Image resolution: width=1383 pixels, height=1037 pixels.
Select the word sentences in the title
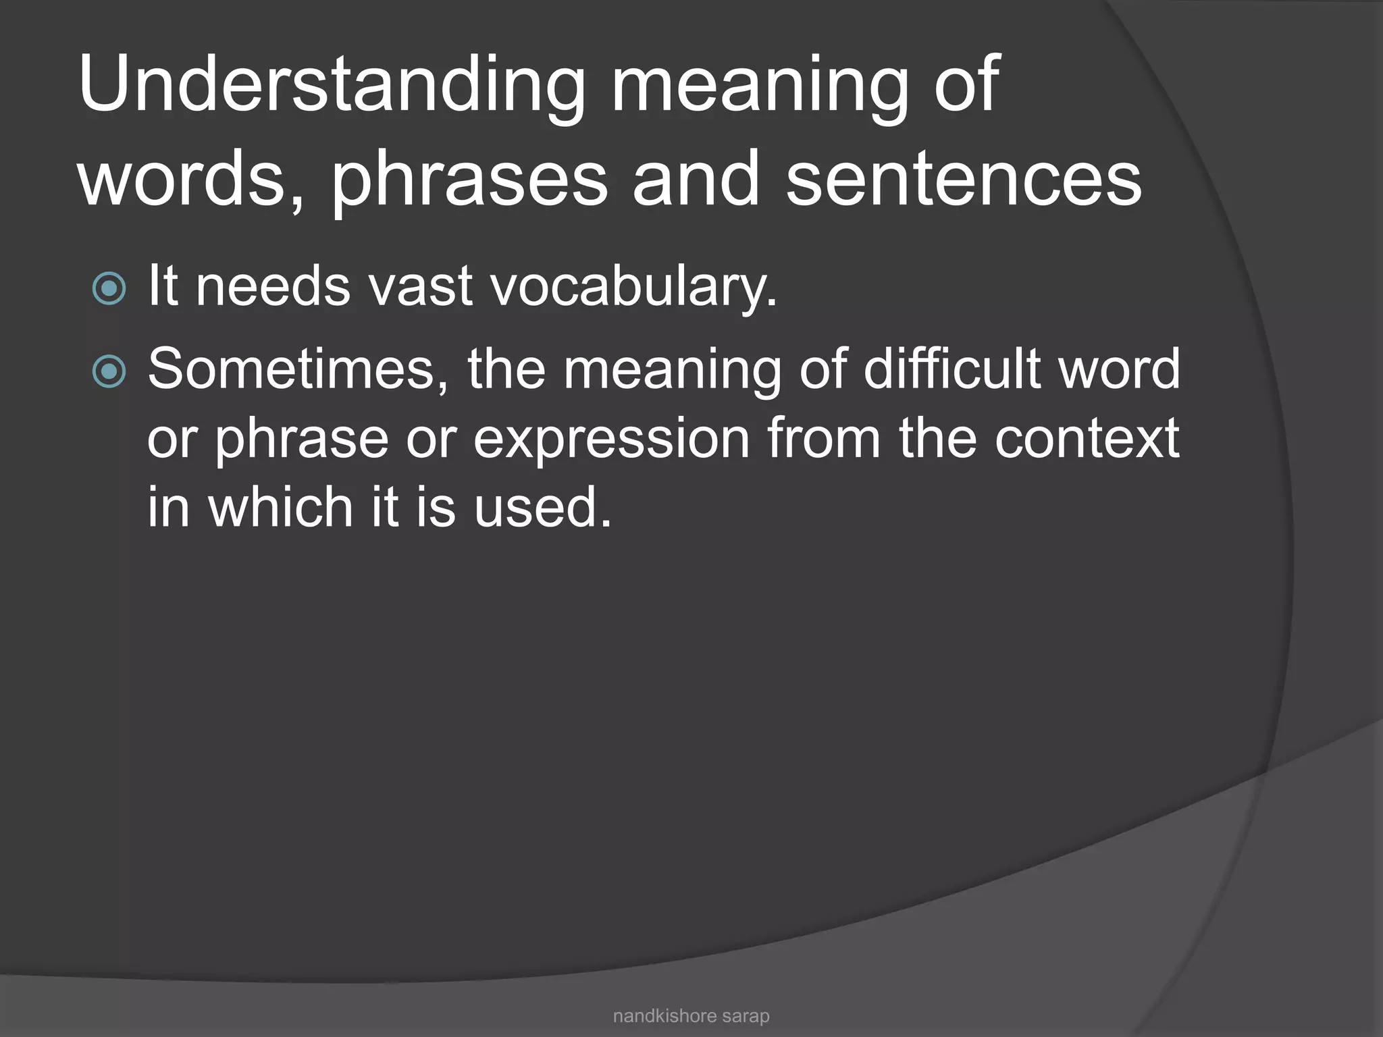pos(964,180)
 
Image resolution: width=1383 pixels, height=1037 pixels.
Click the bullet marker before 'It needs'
pos(109,288)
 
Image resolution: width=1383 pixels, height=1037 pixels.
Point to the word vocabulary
pos(633,288)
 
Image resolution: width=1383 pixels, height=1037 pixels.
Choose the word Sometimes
pos(298,370)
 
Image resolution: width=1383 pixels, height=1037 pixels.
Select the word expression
pos(612,440)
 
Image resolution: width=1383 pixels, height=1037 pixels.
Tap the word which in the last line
pos(281,507)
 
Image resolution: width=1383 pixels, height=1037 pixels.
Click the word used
pos(542,508)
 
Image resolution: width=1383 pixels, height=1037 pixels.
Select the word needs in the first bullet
pos(273,286)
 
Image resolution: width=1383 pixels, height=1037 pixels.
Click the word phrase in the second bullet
pos(302,440)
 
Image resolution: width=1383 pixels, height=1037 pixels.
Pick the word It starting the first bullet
pos(163,286)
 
